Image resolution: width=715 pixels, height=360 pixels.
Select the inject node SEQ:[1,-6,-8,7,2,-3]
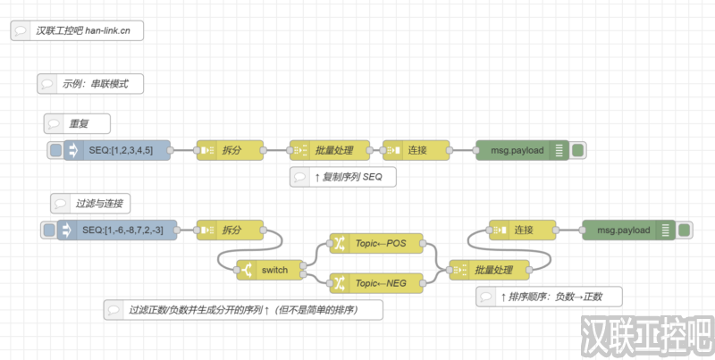[x=121, y=230]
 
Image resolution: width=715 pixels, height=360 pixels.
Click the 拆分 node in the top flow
[x=231, y=150]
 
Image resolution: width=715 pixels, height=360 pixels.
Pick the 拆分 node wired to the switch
[x=231, y=230]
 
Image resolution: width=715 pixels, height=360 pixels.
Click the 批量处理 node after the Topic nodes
[x=488, y=270]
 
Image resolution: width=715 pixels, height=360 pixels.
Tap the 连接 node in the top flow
[x=416, y=150]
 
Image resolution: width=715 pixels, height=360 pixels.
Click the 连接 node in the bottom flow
[x=522, y=230]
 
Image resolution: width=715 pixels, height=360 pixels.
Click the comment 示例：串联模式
[x=90, y=84]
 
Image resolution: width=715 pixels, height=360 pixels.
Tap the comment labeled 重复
[x=78, y=123]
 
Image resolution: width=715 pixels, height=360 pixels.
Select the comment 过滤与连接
[x=92, y=203]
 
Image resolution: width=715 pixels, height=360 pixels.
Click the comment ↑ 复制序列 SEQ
[x=343, y=177]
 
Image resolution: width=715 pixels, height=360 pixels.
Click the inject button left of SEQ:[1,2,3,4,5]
[x=55, y=150]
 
